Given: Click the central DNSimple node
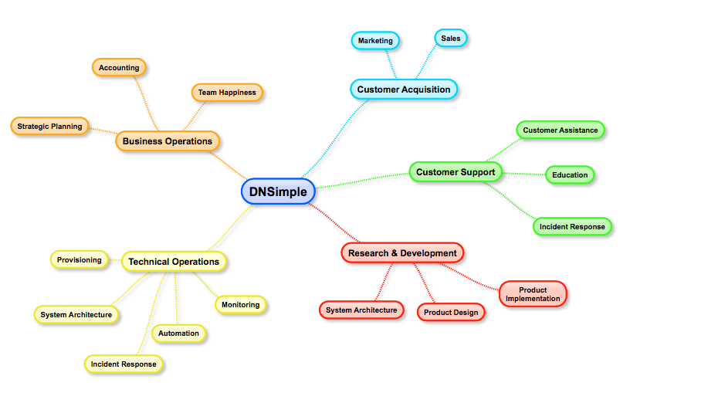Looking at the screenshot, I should (278, 191).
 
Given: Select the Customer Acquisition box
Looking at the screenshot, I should (404, 90).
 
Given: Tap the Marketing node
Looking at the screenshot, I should (375, 40).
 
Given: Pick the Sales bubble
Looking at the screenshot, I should (451, 38).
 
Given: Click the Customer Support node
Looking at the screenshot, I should (456, 171).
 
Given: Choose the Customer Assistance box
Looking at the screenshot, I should (561, 130).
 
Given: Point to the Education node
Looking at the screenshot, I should (570, 175).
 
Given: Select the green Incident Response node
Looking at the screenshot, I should (572, 227).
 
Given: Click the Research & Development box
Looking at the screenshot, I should (402, 253).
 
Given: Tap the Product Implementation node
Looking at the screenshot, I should (533, 294).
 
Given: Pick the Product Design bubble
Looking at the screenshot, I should (451, 313).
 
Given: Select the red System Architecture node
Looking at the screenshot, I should (361, 310).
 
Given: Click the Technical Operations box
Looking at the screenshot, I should (174, 262).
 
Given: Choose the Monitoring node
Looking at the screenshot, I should (240, 305).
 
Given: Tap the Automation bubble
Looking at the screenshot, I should (179, 334).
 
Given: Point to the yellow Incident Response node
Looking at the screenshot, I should (124, 364).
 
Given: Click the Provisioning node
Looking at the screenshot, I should (80, 260).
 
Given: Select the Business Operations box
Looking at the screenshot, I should (168, 141).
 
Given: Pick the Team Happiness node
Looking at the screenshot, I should (227, 93).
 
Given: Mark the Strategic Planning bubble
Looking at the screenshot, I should (50, 126).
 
